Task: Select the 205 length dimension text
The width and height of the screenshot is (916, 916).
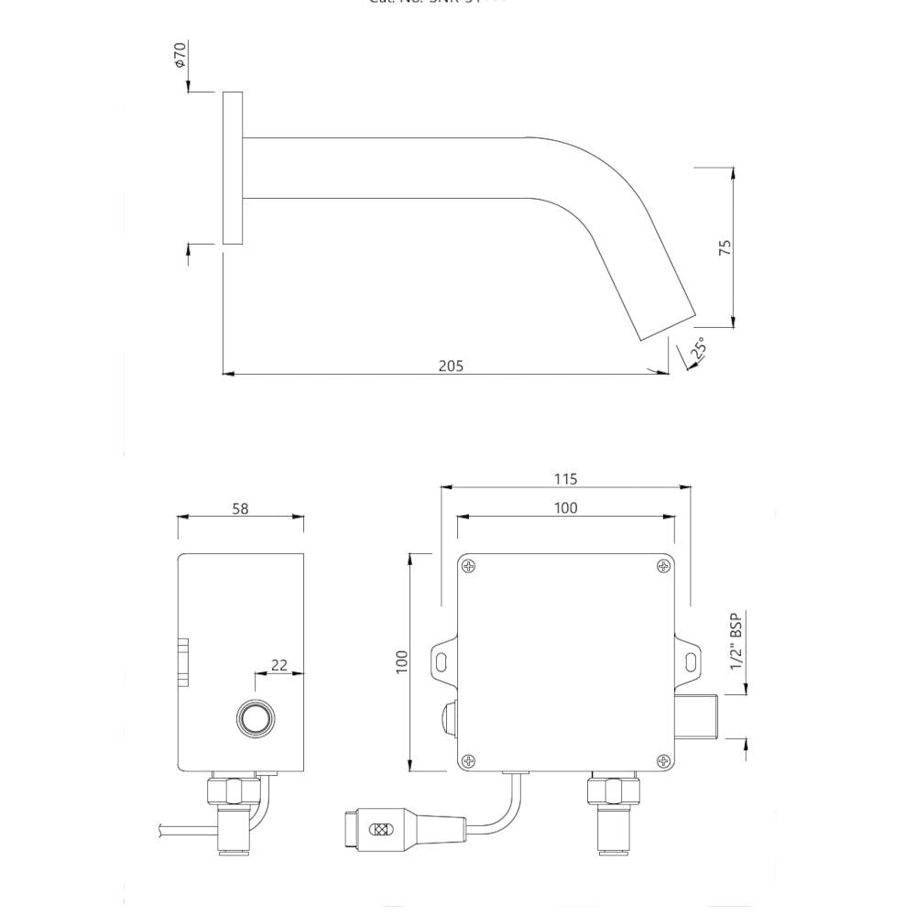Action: click(451, 365)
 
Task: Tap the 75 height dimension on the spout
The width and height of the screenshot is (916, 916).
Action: click(725, 247)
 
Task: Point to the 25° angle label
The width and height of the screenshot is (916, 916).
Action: click(698, 349)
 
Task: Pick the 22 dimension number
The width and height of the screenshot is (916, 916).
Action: click(279, 665)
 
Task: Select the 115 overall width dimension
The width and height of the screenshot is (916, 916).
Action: click(566, 479)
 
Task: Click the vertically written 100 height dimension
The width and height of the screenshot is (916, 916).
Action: click(401, 662)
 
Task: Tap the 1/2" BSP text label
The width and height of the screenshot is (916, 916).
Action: click(736, 642)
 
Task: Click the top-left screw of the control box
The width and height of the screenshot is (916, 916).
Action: click(469, 567)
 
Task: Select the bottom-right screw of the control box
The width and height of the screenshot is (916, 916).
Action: click(662, 759)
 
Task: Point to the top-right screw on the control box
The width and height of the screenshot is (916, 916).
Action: click(662, 567)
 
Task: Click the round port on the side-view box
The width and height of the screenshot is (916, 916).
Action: click(254, 717)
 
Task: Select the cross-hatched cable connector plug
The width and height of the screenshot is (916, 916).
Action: click(377, 830)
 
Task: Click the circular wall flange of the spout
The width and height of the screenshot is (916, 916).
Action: click(233, 169)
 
